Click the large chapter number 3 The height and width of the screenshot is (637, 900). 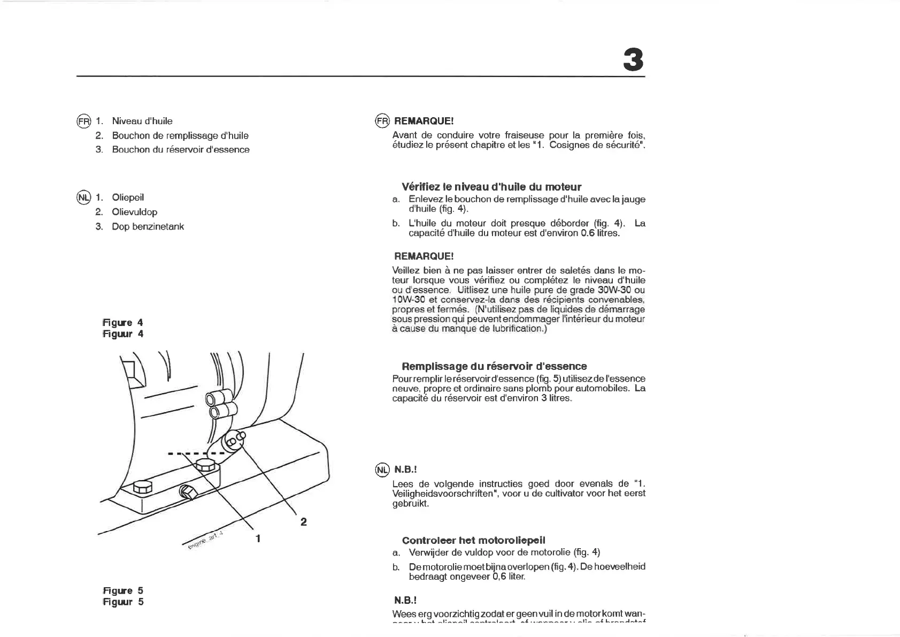click(633, 60)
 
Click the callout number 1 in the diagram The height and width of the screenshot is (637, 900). click(258, 539)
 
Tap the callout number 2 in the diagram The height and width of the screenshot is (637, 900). click(303, 521)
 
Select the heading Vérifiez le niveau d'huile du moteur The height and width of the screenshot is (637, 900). click(491, 187)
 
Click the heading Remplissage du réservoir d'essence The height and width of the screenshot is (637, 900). click(494, 366)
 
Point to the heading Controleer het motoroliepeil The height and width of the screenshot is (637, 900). click(473, 540)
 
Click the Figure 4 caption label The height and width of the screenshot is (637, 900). click(123, 322)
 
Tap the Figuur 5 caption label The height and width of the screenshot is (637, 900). click(123, 602)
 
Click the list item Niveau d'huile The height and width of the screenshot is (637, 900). click(142, 121)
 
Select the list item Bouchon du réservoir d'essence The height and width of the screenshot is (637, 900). click(181, 149)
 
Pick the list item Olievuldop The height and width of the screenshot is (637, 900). click(135, 212)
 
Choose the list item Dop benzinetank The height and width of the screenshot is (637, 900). click(148, 226)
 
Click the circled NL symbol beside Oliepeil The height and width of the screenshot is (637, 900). click(84, 198)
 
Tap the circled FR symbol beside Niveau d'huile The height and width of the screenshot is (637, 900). click(84, 121)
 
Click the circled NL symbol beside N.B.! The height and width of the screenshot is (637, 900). click(382, 470)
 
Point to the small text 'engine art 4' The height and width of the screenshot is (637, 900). click(206, 541)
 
